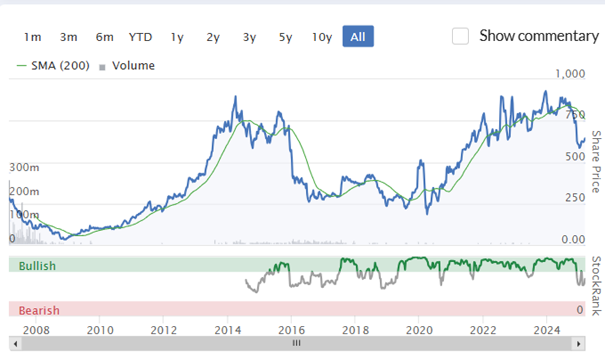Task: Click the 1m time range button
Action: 32,37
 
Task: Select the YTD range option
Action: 140,37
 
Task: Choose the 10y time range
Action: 322,37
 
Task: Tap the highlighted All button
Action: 358,36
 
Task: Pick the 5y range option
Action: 286,37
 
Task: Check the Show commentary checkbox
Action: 460,36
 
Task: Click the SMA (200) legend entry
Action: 53,66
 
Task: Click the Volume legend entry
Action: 127,66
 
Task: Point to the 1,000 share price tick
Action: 570,73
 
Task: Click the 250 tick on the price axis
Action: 575,197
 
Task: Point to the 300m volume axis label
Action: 24,167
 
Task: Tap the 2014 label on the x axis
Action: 228,330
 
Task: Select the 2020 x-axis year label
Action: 419,330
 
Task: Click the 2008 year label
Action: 36,330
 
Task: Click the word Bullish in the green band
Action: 37,266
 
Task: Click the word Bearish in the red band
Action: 39,310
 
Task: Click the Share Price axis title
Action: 597,162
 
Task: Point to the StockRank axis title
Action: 597,286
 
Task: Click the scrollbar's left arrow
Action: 15,343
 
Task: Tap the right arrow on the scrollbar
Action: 579,343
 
